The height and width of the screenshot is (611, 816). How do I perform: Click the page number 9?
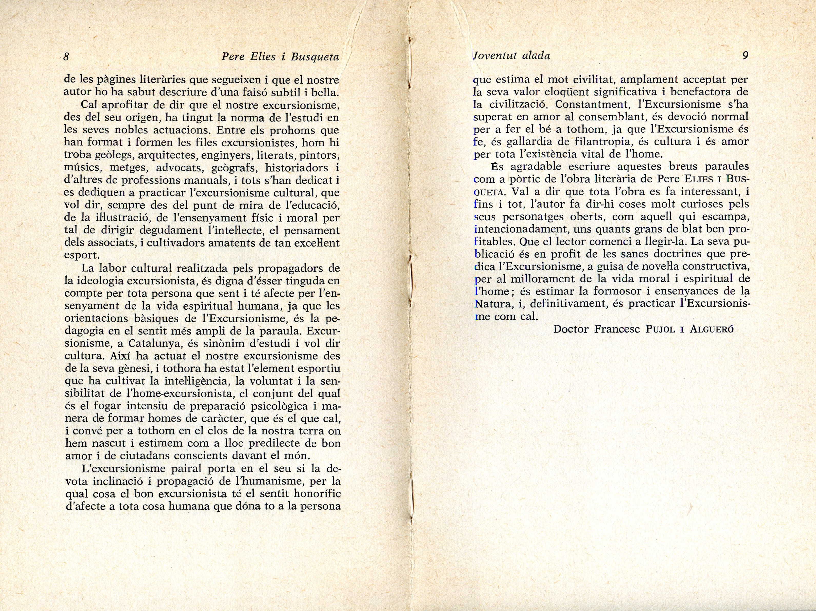745,56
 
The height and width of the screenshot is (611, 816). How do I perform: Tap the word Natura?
490,304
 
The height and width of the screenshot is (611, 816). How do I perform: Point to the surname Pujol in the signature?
660,329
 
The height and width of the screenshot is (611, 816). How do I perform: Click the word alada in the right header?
536,56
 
